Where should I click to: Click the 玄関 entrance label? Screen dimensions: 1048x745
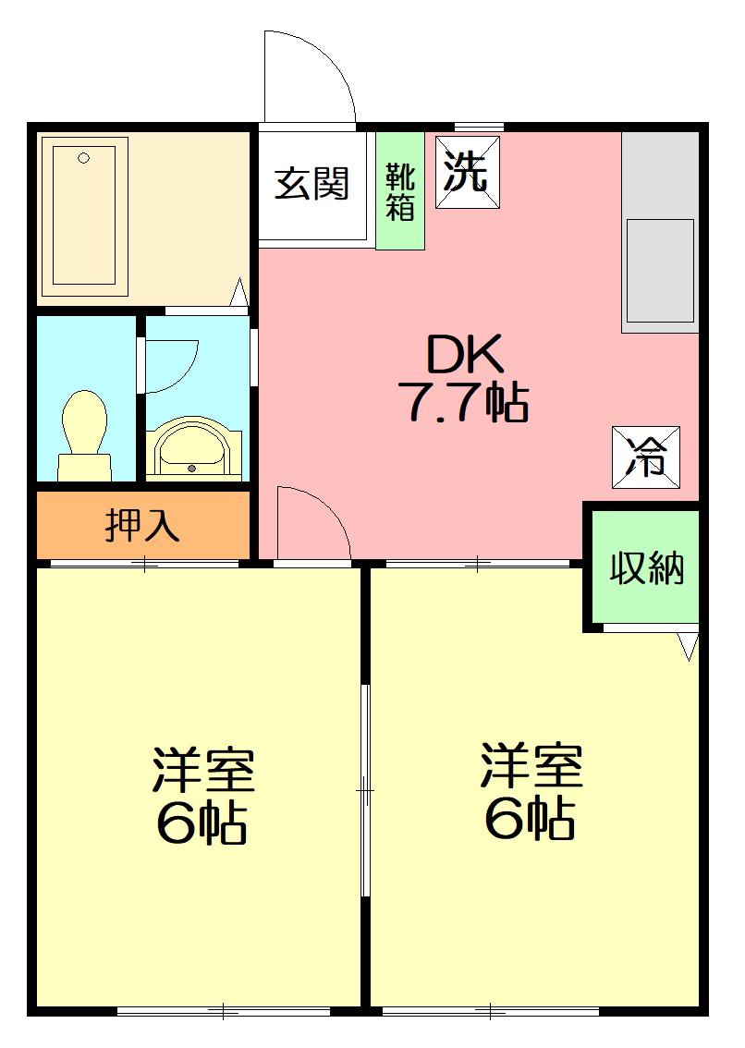point(312,185)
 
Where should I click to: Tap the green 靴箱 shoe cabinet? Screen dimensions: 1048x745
point(400,191)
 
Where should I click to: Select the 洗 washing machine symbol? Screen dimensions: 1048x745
point(467,172)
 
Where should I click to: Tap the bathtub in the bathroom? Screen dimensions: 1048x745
point(84,214)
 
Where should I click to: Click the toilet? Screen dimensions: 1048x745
point(83,433)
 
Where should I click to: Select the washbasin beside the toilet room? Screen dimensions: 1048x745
point(193,449)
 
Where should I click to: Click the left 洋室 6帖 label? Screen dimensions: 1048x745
point(202,796)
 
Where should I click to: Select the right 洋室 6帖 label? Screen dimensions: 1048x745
point(531,791)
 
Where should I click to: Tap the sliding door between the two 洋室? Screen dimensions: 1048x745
point(366,791)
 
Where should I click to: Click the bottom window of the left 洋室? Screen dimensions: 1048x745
point(224,1011)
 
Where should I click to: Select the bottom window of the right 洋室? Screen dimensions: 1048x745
point(490,1011)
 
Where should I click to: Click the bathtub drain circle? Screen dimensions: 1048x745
point(83,158)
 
